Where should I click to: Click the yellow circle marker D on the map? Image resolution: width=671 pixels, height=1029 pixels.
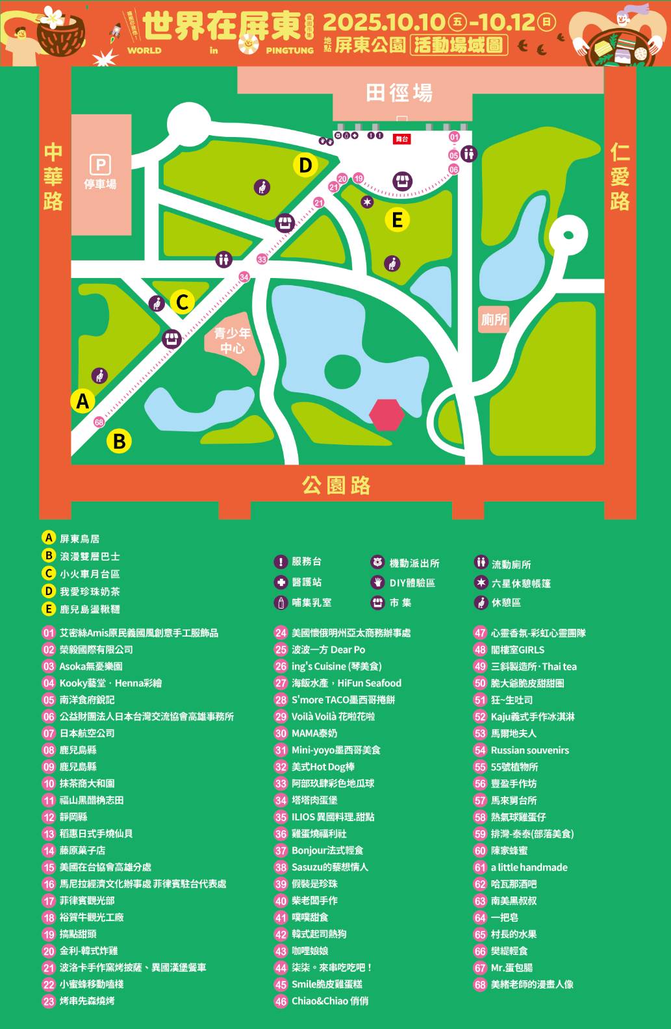coord(305,165)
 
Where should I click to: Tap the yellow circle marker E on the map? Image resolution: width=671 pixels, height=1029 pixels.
coord(397,220)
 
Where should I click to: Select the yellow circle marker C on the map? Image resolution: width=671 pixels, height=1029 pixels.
coord(183,301)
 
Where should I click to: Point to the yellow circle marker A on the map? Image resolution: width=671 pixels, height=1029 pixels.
coord(82,401)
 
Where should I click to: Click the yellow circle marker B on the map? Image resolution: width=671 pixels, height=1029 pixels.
coord(119,441)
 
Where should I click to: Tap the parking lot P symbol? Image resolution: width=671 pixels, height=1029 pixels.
coord(100,164)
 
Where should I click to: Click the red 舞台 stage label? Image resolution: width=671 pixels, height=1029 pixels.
coord(402,139)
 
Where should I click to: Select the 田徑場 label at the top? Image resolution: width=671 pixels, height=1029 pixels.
coord(399,93)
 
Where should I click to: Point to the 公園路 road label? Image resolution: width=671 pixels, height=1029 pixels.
coord(336,485)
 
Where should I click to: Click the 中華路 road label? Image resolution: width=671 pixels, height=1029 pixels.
coord(53,177)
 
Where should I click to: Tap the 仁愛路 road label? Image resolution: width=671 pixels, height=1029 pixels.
coord(620,177)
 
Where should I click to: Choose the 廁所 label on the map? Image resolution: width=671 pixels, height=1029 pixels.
coord(494,320)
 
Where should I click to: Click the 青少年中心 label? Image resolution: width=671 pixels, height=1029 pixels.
coord(232,340)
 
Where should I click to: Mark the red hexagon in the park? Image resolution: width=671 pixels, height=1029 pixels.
coord(386,414)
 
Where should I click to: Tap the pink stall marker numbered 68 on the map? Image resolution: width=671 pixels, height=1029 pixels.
coord(99,422)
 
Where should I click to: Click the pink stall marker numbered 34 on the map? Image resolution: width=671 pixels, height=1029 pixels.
coord(244,277)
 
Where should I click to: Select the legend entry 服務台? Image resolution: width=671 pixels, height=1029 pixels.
coord(306,562)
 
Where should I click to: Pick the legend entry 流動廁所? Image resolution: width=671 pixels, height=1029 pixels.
coord(511,565)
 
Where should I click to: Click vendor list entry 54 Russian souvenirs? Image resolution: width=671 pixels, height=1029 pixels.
coord(529,750)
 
